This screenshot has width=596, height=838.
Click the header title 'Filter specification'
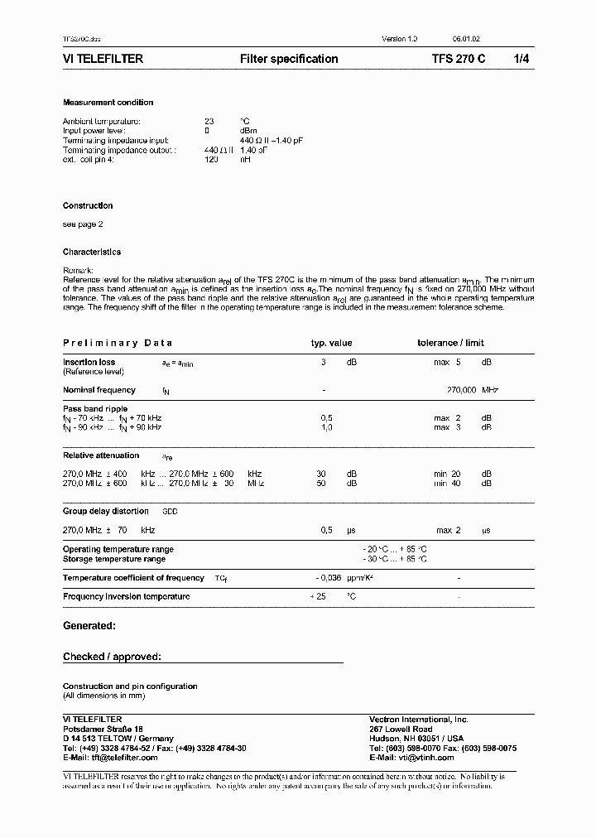click(x=289, y=59)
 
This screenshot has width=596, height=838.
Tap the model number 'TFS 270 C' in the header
click(x=459, y=59)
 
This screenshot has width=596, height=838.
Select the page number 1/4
click(x=523, y=59)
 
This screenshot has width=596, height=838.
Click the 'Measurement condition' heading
click(x=108, y=103)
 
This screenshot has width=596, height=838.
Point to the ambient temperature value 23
click(x=209, y=121)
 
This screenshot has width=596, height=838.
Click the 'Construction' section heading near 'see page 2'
click(x=88, y=205)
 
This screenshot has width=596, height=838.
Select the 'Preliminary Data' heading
click(x=118, y=343)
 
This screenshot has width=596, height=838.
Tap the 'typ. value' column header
click(x=331, y=343)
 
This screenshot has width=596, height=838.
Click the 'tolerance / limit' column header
click(x=450, y=343)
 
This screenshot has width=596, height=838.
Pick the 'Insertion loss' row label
click(x=89, y=362)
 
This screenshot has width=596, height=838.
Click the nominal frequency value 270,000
click(x=461, y=390)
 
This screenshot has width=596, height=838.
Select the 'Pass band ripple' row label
click(x=95, y=409)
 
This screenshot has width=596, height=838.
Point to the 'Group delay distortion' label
click(x=106, y=511)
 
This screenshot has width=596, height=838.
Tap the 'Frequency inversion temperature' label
click(x=126, y=596)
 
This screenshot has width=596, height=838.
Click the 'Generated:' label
click(x=89, y=626)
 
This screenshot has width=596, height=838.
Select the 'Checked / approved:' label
click(x=112, y=657)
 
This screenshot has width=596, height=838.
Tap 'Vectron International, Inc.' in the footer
click(x=418, y=719)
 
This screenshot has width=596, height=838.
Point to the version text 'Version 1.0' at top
click(x=399, y=39)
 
